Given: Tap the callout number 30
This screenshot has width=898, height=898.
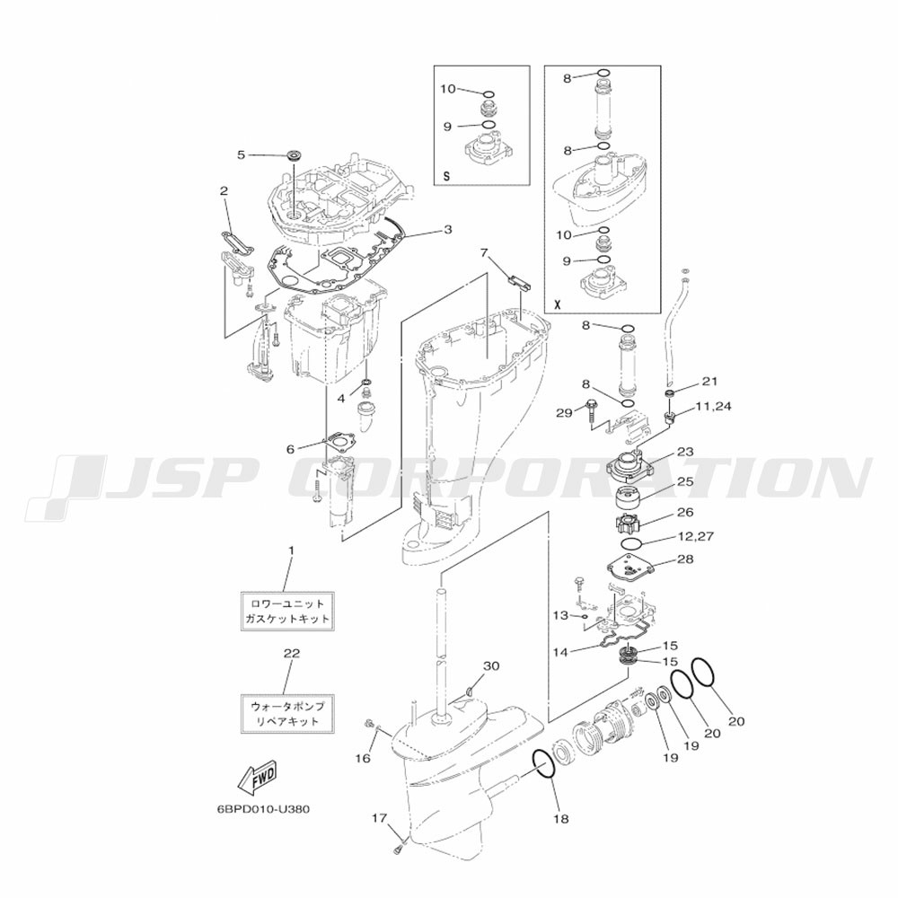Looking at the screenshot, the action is click(x=491, y=665).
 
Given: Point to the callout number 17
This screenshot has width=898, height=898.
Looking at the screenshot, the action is click(x=379, y=818).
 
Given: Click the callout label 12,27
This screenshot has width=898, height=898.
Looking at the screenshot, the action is click(x=695, y=537).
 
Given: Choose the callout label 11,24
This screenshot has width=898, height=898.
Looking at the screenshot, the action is click(x=713, y=406).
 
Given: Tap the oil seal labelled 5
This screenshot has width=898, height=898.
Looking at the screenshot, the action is click(x=295, y=155).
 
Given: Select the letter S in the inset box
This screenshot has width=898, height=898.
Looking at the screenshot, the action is click(x=446, y=176).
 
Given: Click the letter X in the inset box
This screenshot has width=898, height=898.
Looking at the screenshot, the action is click(x=558, y=304).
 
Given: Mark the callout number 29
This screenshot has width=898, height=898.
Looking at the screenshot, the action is click(x=564, y=412).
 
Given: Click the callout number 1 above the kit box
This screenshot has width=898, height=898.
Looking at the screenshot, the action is click(x=291, y=550).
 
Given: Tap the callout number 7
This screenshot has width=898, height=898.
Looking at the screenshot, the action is click(x=485, y=252).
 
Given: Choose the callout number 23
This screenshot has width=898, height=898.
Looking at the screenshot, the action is click(x=685, y=452).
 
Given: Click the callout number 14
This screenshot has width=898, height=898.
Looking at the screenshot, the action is click(x=560, y=652).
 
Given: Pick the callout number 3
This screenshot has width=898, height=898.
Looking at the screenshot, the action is click(x=447, y=230).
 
